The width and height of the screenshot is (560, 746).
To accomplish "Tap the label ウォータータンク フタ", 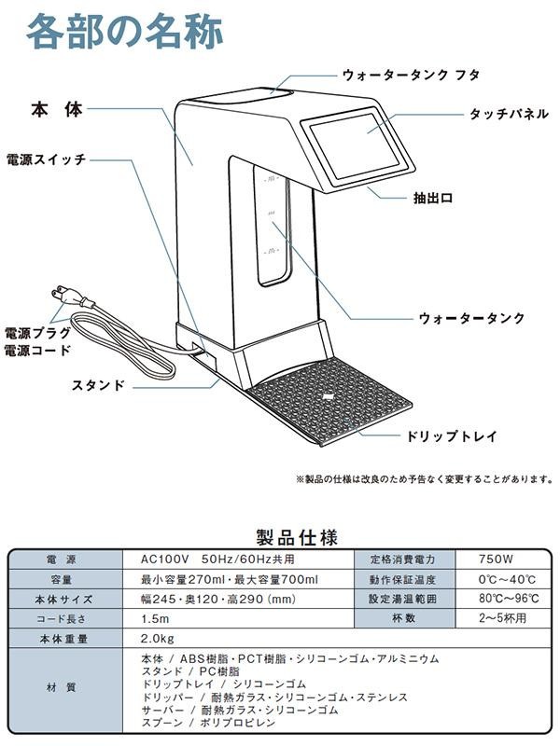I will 411,75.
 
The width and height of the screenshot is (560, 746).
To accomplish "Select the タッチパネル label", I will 500,114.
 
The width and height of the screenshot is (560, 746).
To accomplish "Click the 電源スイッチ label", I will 46,159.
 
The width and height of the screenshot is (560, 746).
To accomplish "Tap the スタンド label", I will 99,384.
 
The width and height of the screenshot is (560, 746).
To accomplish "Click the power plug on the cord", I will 72,297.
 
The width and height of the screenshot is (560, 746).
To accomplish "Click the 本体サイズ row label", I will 65,599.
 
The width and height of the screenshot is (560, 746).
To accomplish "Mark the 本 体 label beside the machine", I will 55,110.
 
